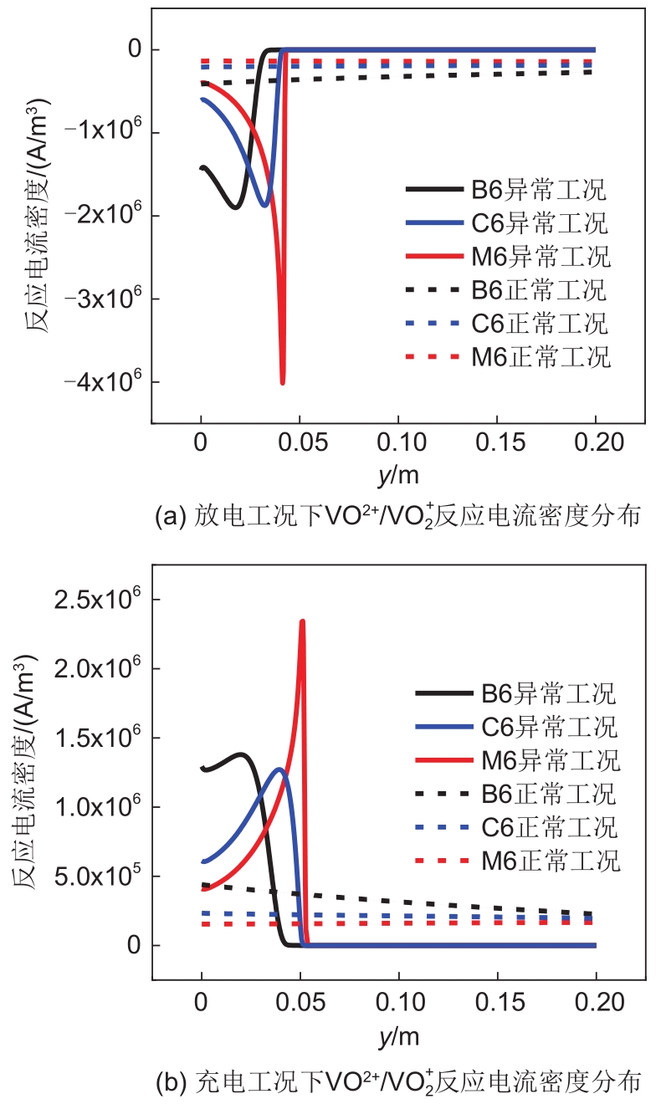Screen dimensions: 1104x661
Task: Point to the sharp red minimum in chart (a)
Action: tap(283, 383)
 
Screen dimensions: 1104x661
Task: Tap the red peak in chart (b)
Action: tap(302, 621)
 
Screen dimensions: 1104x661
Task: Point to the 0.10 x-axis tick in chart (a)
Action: tap(398, 442)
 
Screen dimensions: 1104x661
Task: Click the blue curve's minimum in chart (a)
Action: tap(264, 205)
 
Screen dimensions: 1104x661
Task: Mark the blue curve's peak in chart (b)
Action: tap(281, 769)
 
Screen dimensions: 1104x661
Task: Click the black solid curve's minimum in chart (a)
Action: tap(236, 207)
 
